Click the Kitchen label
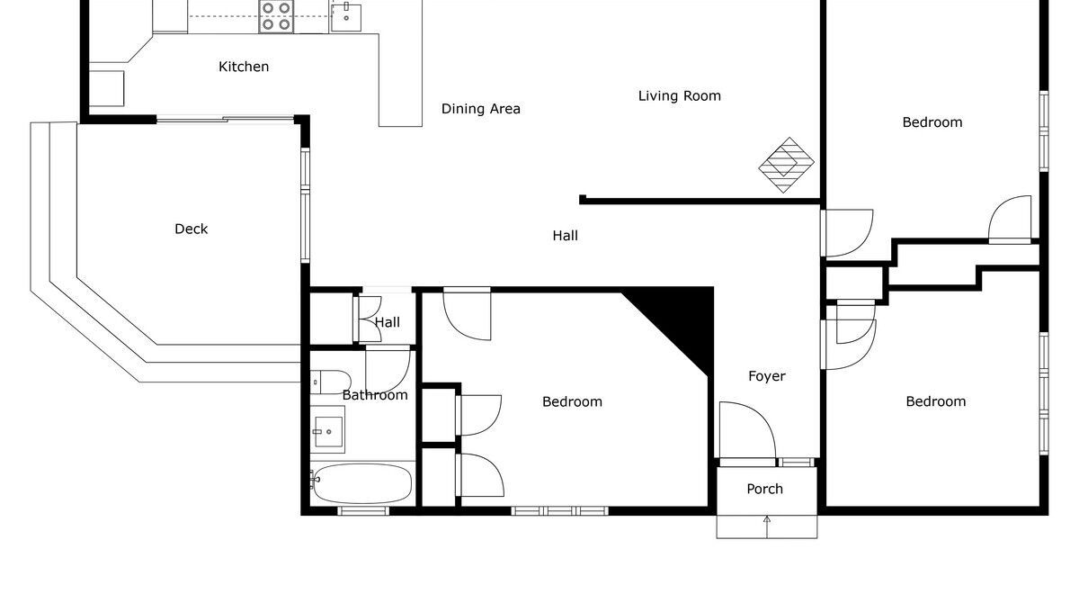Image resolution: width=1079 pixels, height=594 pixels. click(244, 67)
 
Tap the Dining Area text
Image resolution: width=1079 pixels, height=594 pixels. click(481, 109)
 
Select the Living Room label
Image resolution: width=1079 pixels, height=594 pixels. click(680, 96)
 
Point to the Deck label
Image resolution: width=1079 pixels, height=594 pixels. click(192, 229)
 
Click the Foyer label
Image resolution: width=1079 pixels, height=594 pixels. click(767, 376)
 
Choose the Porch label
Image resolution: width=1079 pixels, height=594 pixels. click(765, 489)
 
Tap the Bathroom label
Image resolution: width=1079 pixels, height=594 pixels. click(375, 395)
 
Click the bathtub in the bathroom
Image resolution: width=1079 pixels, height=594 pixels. click(361, 483)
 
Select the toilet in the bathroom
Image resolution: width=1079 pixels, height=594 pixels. click(331, 382)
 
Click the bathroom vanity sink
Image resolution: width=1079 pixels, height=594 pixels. click(327, 429)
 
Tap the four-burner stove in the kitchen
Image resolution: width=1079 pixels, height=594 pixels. click(276, 16)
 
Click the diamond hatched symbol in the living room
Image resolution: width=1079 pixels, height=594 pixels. click(786, 165)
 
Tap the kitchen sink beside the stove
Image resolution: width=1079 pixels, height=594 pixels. click(346, 17)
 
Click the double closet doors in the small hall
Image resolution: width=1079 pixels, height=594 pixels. click(370, 319)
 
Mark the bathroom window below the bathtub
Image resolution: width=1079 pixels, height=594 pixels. click(363, 510)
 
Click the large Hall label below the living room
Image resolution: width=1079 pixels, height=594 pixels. click(566, 236)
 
